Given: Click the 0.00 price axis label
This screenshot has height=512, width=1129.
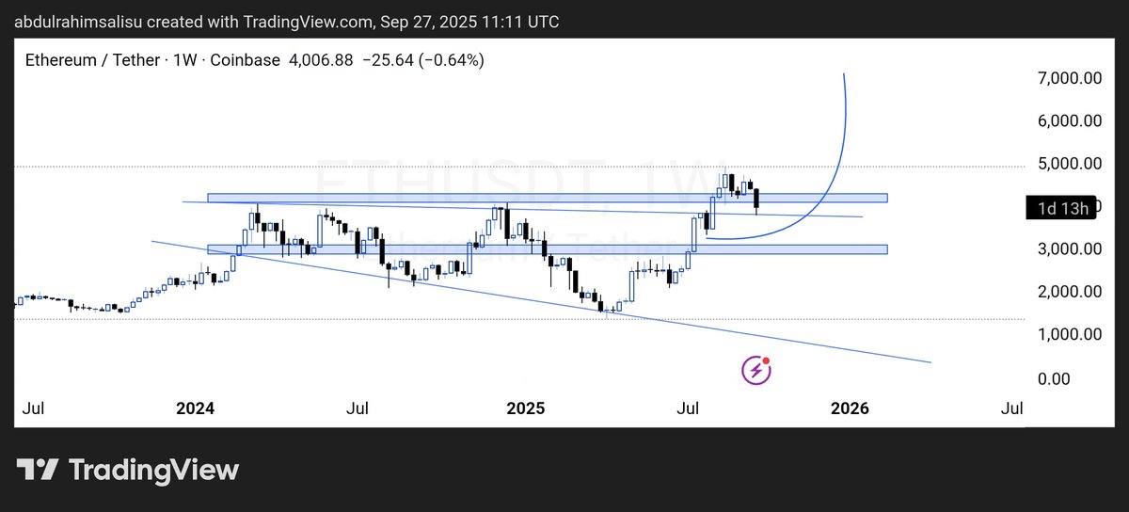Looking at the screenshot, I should (1080, 378).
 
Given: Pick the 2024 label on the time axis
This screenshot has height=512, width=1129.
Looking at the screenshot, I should (195, 409).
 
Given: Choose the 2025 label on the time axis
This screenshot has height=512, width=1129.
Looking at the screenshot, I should (525, 409).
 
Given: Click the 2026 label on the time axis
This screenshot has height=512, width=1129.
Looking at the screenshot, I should (851, 409).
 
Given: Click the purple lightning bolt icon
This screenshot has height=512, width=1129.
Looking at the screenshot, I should (756, 370).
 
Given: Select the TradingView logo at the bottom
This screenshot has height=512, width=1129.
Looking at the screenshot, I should (127, 470).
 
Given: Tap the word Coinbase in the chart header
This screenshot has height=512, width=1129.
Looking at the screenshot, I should (246, 60).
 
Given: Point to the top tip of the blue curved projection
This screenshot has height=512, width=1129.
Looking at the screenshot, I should (844, 73).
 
